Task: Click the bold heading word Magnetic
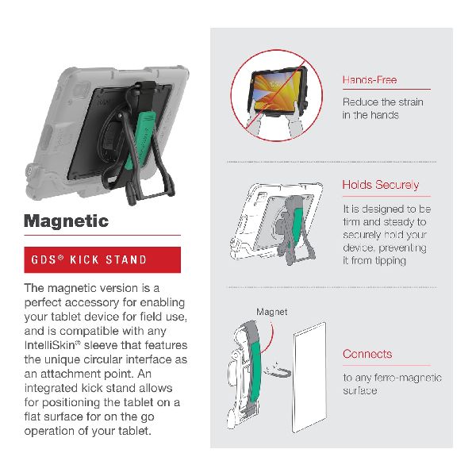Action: (x=66, y=221)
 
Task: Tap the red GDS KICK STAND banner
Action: (x=102, y=259)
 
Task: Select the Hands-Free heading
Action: (x=370, y=80)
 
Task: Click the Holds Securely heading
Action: (x=380, y=185)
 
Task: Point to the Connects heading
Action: (x=367, y=354)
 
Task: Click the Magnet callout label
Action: (x=271, y=312)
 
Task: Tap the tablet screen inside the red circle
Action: (x=277, y=90)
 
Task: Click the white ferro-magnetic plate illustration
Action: (x=309, y=377)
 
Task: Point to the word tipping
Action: (x=390, y=261)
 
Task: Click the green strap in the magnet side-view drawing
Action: (x=254, y=371)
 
